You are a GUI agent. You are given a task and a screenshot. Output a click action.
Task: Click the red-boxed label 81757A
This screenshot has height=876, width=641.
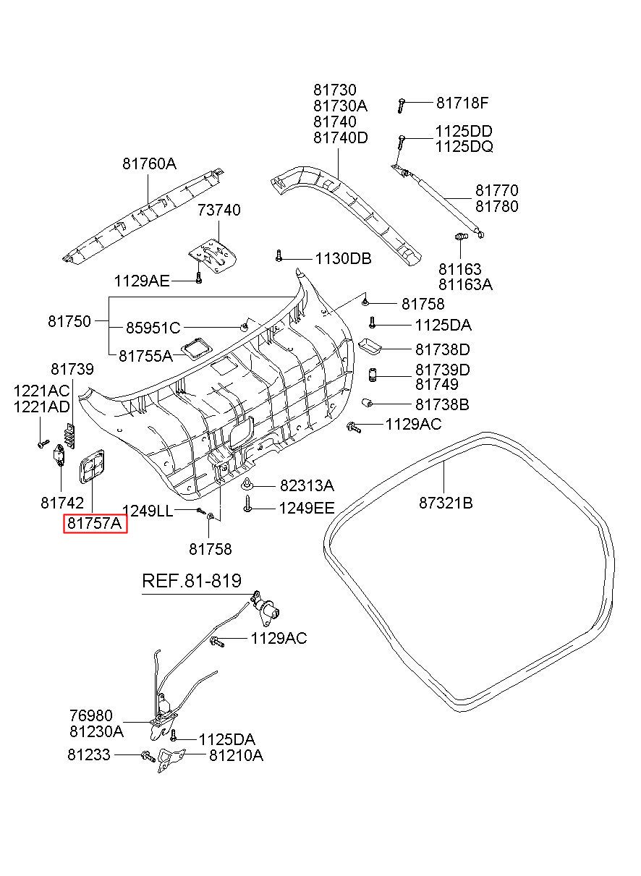(x=95, y=523)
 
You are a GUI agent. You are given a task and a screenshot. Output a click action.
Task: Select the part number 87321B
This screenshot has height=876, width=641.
(x=446, y=503)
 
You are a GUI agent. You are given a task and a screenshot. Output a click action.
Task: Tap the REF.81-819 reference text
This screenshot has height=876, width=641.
(x=192, y=581)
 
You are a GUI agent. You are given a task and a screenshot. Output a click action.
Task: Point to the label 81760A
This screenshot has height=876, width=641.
(x=149, y=163)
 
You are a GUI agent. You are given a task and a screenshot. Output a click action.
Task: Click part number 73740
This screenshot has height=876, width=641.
(x=218, y=210)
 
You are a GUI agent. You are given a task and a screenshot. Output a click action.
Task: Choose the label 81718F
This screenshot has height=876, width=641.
(x=462, y=103)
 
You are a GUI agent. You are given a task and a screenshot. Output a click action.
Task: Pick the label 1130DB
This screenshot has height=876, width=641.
(x=344, y=258)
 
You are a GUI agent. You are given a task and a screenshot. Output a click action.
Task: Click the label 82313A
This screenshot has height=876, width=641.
(x=307, y=485)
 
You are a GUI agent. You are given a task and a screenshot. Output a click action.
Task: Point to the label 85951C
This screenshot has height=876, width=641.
(x=153, y=328)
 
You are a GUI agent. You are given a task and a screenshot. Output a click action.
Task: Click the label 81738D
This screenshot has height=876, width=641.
(x=442, y=349)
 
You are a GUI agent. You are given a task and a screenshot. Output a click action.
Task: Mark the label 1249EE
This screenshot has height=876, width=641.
(x=307, y=508)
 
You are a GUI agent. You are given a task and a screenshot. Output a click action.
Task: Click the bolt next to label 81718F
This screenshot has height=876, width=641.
(x=401, y=105)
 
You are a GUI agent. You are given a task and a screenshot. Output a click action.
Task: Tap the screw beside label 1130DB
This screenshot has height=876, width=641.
(x=278, y=255)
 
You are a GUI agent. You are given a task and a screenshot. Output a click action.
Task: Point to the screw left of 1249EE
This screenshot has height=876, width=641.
(x=247, y=503)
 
